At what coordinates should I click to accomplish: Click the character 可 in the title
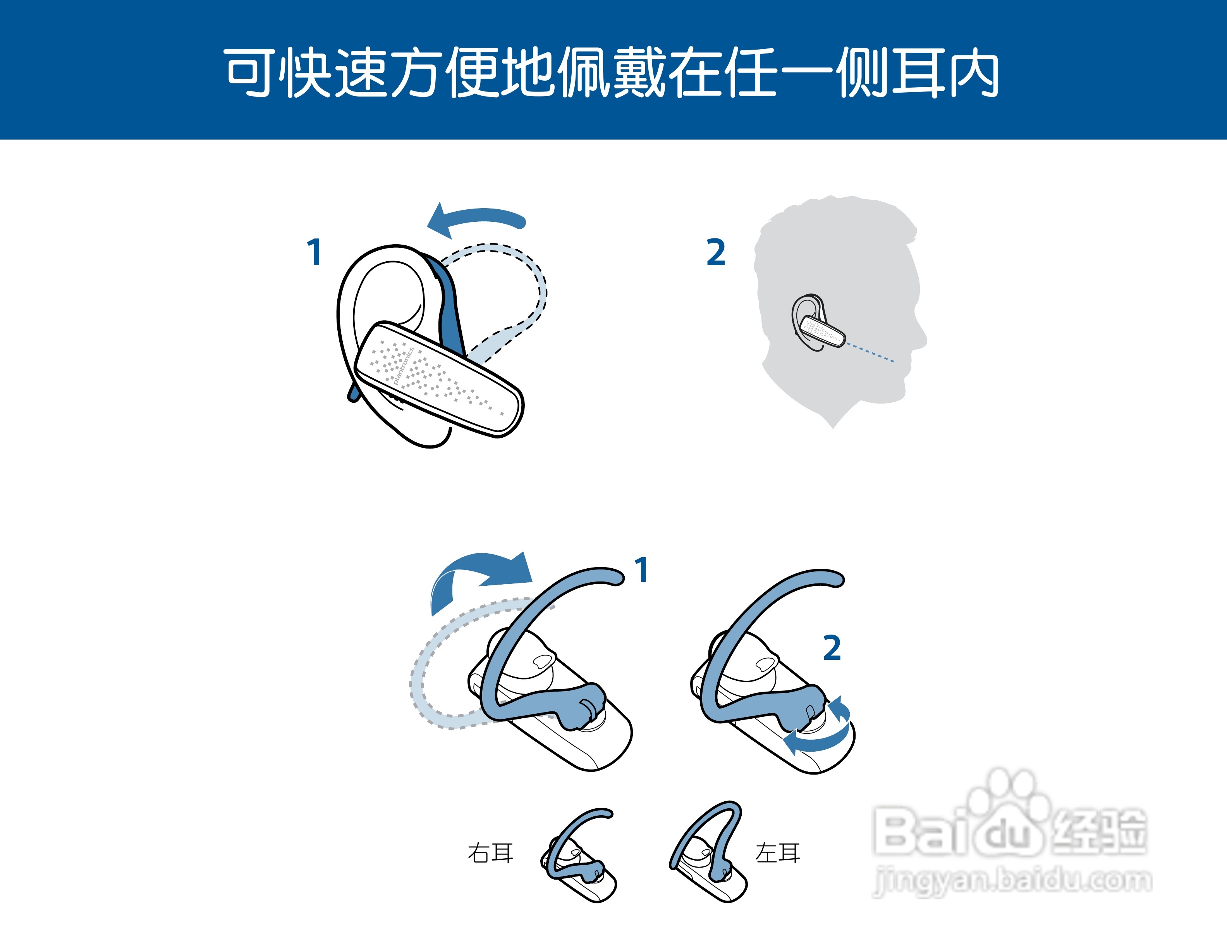[x=251, y=73]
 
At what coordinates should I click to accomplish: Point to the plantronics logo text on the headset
[x=403, y=366]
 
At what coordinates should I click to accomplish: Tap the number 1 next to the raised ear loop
[x=642, y=570]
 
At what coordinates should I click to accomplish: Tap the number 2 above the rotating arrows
[x=832, y=648]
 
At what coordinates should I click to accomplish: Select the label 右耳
[x=490, y=853]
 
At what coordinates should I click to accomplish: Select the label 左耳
[x=778, y=853]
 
